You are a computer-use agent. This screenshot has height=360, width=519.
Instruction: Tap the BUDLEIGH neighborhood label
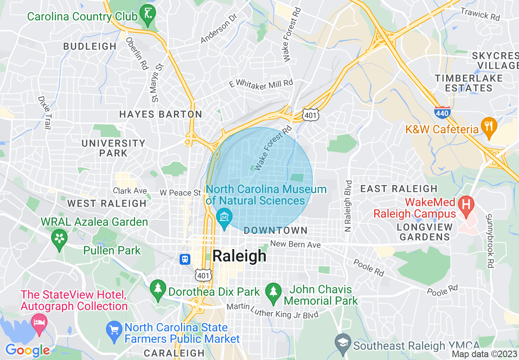click(90, 47)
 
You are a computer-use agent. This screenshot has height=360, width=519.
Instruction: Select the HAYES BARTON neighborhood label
click(160, 115)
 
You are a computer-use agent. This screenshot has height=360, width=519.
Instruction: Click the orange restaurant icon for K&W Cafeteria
click(488, 125)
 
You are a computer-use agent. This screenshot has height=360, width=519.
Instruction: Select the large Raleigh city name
click(239, 256)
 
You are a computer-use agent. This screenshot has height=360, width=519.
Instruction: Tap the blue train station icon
click(185, 259)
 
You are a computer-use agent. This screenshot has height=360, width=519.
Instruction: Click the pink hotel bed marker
click(39, 322)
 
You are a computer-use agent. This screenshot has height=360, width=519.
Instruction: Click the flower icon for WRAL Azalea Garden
click(59, 238)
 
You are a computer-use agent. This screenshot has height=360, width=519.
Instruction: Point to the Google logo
click(27, 350)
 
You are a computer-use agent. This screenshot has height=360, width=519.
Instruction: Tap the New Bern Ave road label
click(295, 244)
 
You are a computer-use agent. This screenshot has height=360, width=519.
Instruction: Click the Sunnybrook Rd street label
click(489, 241)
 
